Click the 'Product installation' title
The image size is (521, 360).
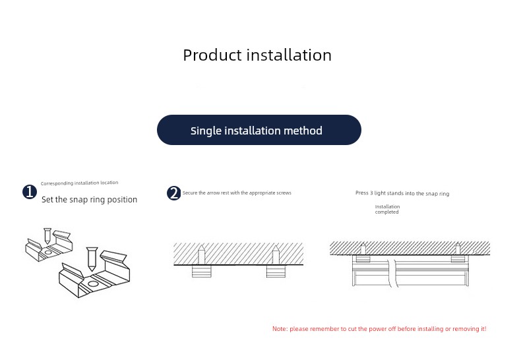click(x=257, y=55)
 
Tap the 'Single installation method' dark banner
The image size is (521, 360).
click(x=259, y=130)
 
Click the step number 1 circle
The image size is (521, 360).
click(x=30, y=192)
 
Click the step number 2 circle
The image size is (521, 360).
click(x=174, y=193)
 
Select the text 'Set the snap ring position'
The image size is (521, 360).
click(x=90, y=199)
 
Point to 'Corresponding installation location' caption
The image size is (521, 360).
click(x=79, y=183)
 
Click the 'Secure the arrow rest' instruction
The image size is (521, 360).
click(x=237, y=193)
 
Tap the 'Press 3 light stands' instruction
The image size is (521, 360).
click(x=402, y=193)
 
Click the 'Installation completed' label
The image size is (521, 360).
click(x=387, y=209)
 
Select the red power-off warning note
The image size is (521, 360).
click(x=379, y=329)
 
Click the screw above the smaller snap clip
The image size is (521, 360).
click(x=47, y=235)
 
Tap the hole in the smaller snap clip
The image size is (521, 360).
click(x=48, y=253)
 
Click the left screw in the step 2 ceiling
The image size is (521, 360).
click(x=201, y=255)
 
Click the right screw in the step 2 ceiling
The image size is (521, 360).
click(x=276, y=255)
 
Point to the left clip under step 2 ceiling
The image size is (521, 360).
click(x=202, y=271)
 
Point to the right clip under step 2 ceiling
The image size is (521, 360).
click(x=276, y=271)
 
